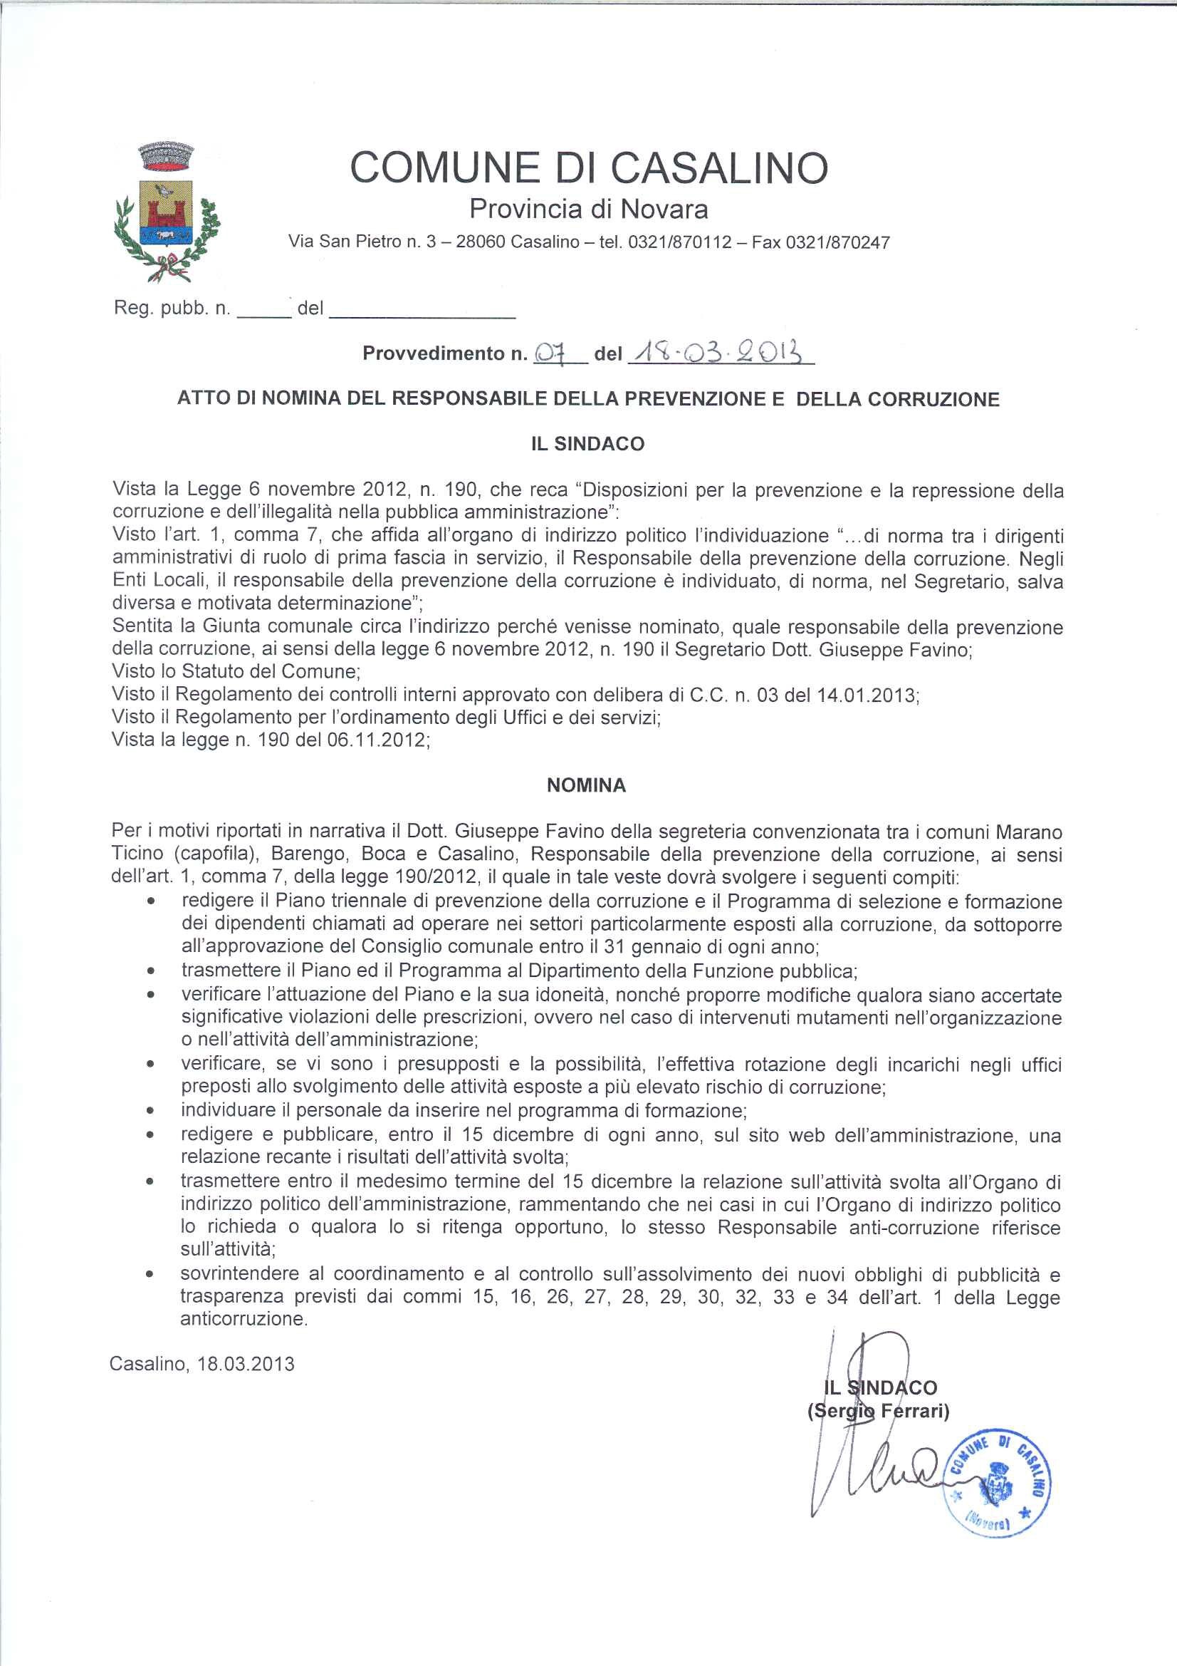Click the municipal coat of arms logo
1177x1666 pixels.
[x=167, y=212]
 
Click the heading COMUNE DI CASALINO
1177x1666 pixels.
[x=588, y=167]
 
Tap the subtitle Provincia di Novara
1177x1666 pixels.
[x=588, y=209]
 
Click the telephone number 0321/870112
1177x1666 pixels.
[x=679, y=242]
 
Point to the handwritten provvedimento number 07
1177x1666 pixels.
[x=550, y=353]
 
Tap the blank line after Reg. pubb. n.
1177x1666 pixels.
[x=264, y=311]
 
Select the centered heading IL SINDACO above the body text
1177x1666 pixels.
[x=587, y=444]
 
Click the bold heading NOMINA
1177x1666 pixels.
[x=586, y=785]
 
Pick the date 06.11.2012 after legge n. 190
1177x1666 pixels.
[x=378, y=740]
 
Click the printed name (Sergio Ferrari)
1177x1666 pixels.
[x=878, y=1411]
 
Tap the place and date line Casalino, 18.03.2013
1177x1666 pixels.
[x=202, y=1364]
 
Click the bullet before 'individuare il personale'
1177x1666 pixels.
[x=150, y=1111]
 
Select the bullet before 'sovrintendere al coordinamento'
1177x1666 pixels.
[x=150, y=1273]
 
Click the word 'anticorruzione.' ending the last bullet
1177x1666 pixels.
[x=244, y=1319]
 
